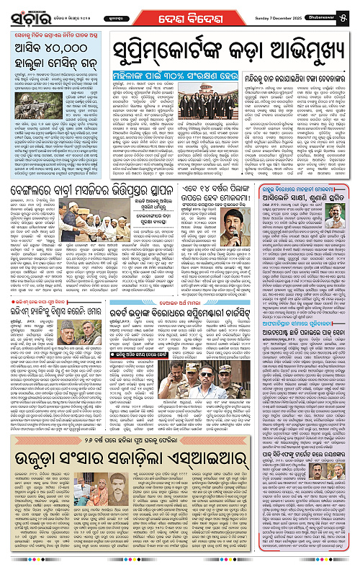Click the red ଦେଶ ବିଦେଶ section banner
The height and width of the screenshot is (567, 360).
(194, 14)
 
